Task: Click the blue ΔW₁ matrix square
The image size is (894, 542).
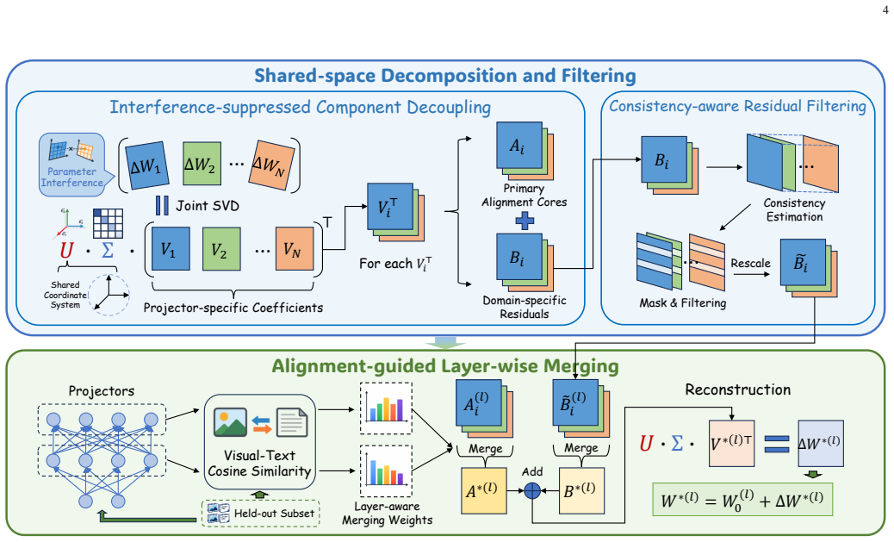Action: click(147, 165)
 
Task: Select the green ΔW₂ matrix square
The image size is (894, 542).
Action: click(202, 164)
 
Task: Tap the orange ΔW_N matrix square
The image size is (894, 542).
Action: click(272, 164)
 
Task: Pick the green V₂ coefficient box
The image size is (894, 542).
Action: click(221, 249)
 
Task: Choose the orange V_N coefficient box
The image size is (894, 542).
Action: click(295, 249)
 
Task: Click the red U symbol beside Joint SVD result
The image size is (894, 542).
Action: click(66, 251)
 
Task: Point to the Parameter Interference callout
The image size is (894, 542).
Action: click(71, 165)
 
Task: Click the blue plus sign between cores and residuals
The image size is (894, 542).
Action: click(525, 221)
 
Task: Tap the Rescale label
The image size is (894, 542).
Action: click(750, 263)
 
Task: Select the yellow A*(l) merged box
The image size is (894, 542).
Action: click(483, 490)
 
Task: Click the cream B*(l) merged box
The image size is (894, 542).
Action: click(581, 490)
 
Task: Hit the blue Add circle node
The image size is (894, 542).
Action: click(532, 490)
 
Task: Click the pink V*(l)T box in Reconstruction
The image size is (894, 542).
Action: click(731, 443)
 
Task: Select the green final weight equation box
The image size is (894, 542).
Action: click(742, 500)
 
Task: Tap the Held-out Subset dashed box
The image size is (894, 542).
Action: click(261, 513)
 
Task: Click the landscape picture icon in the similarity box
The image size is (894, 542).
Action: click(230, 423)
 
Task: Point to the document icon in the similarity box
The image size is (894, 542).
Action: click(292, 423)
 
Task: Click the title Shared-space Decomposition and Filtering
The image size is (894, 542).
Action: click(445, 75)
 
